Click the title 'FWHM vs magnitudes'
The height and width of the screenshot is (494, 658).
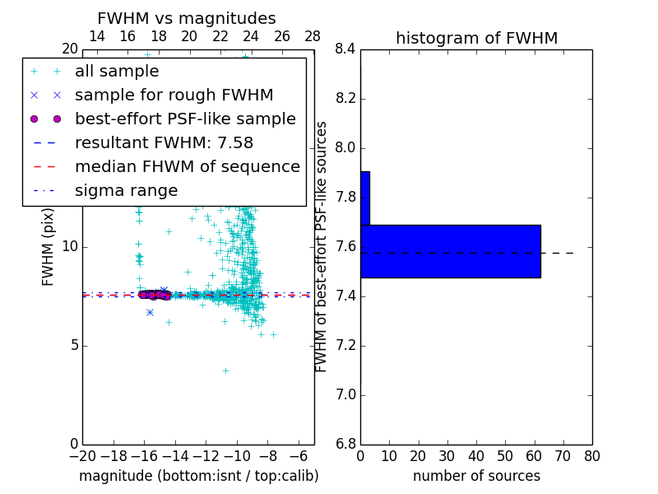[x=187, y=19]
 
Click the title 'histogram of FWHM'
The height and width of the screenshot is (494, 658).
[x=476, y=38]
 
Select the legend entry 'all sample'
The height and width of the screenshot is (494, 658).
[x=117, y=72]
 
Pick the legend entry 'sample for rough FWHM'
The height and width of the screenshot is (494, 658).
[x=174, y=96]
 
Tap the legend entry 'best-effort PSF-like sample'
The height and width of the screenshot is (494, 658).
[x=185, y=119]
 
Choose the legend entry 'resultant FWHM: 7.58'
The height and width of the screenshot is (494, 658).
[x=174, y=142]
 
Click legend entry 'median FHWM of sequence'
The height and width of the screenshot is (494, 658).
[x=187, y=166]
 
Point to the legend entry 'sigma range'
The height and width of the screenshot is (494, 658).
[x=126, y=190]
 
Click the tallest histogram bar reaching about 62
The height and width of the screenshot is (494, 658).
[x=451, y=251]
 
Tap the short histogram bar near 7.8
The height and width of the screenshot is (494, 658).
[x=365, y=198]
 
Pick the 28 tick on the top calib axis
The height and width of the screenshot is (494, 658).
[x=313, y=36]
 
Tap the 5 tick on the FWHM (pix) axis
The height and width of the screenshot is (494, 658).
[x=72, y=345]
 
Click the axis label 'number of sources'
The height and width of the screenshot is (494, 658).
[x=476, y=476]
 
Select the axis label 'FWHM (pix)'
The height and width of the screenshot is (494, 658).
[x=49, y=247]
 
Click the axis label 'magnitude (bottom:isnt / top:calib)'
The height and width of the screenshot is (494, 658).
[x=198, y=476]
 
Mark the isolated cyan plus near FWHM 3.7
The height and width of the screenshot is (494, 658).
[x=225, y=370]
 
